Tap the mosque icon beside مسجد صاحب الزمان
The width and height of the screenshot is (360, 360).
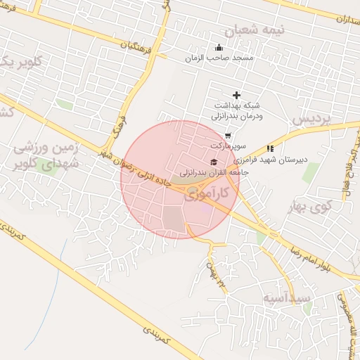219,48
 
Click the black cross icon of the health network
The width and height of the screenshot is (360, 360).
236,95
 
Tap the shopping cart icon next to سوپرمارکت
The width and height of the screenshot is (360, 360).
228,135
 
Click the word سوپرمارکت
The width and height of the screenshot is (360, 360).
227,145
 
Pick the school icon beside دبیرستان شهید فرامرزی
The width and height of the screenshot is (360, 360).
270,148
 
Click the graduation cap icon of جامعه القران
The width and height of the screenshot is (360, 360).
213,162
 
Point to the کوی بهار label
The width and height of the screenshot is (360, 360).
309,207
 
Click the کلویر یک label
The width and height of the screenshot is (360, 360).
18,62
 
